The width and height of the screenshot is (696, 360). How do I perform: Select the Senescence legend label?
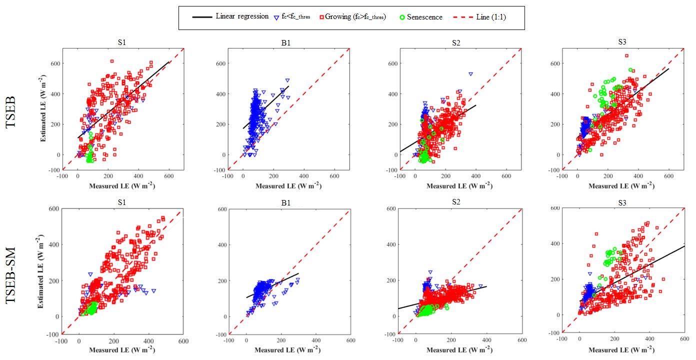pyautogui.click(x=424, y=17)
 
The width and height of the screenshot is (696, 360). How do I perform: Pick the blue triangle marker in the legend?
pyautogui.click(x=276, y=17)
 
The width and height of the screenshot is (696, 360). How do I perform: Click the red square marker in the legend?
pyautogui.click(x=321, y=17)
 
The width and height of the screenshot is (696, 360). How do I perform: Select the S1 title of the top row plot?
pyautogui.click(x=121, y=42)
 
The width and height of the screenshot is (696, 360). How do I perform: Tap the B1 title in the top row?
pyautogui.click(x=285, y=42)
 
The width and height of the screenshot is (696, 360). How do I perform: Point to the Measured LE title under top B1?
pyautogui.click(x=287, y=186)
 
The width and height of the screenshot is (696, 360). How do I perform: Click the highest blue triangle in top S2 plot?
pyautogui.click(x=470, y=74)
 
